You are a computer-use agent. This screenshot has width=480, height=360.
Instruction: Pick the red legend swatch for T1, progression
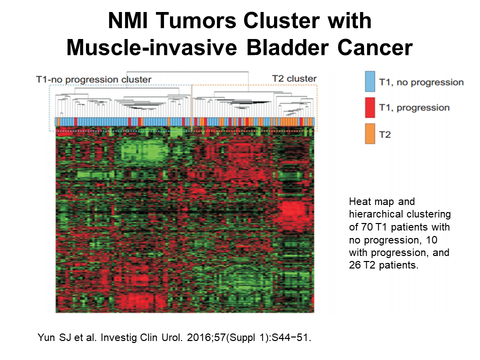pos(370,107)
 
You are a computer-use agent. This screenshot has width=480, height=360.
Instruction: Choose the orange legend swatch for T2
pos(370,133)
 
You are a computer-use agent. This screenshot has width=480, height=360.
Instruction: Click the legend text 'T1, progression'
pos(414,108)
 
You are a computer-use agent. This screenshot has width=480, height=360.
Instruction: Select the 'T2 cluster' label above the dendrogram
pos(294,78)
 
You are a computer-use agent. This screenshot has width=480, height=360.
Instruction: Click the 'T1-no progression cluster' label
pos(93,79)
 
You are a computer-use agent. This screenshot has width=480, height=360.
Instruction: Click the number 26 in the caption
pos(354,265)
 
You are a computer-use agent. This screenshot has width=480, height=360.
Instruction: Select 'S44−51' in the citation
pos(292,337)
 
